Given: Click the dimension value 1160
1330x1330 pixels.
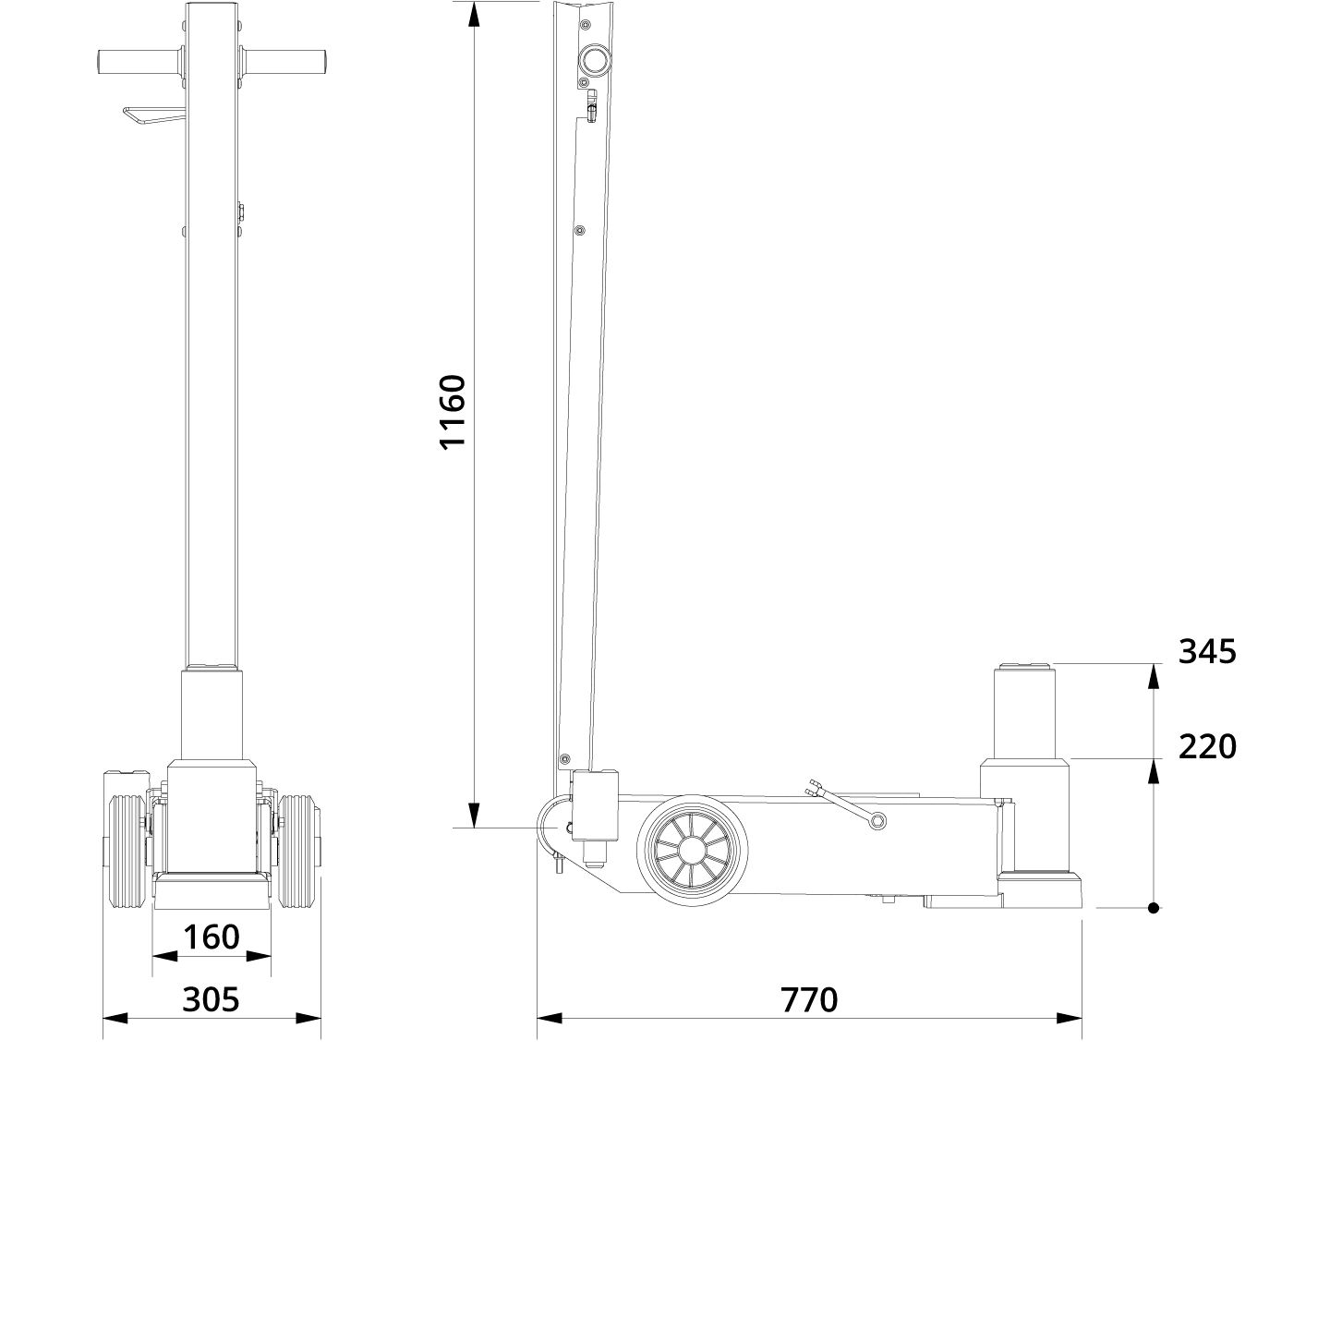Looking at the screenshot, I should pos(453,411).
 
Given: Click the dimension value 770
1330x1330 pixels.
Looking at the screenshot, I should pos(809,999).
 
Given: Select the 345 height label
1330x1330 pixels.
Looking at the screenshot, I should pos(1206,652).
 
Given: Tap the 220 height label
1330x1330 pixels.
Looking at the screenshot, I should pos(1206,746).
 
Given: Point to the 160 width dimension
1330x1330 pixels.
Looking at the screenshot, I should pos(212,937).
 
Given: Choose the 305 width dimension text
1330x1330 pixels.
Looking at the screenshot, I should pos(211,999).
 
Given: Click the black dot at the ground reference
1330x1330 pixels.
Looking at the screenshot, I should pos(1154,908).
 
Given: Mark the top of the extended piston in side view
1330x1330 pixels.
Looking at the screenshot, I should pos(1022,664).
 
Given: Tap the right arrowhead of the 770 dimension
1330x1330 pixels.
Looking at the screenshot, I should pos(1070,1019).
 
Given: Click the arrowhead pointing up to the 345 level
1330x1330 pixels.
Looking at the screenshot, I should pos(1154,677).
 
